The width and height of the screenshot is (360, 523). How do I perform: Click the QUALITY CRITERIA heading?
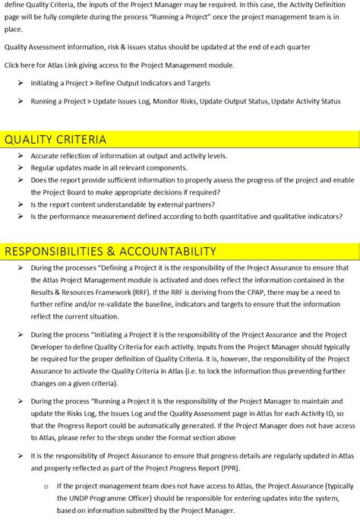(x=55, y=139)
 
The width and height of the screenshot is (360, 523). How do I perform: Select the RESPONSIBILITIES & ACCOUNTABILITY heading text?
(x=111, y=251)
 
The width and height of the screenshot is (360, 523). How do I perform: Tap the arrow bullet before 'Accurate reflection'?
(x=21, y=156)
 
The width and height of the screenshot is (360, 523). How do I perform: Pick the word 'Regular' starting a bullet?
(x=44, y=167)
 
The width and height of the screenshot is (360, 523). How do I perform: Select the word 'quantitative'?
(x=235, y=217)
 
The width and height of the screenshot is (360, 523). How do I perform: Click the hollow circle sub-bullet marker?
(x=46, y=486)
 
